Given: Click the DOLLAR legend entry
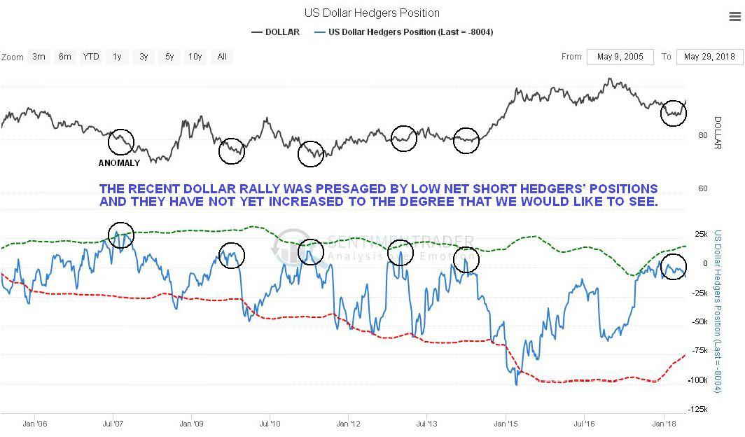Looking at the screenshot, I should [276, 32].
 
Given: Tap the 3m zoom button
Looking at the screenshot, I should [39, 57].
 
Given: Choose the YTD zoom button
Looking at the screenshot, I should [90, 57].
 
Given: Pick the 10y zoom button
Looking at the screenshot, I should [195, 57].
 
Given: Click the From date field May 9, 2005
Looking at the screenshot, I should [620, 57].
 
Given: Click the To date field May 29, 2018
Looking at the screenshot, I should [710, 57].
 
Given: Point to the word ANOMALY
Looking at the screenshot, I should [119, 163].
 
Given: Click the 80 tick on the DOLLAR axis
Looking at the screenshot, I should [702, 135].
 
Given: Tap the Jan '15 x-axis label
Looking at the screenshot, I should [506, 424].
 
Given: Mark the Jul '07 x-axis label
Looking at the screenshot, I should [113, 424].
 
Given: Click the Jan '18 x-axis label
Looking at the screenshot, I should [664, 424].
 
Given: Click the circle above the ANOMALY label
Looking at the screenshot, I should [121, 141].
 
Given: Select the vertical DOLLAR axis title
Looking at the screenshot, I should [717, 132].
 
